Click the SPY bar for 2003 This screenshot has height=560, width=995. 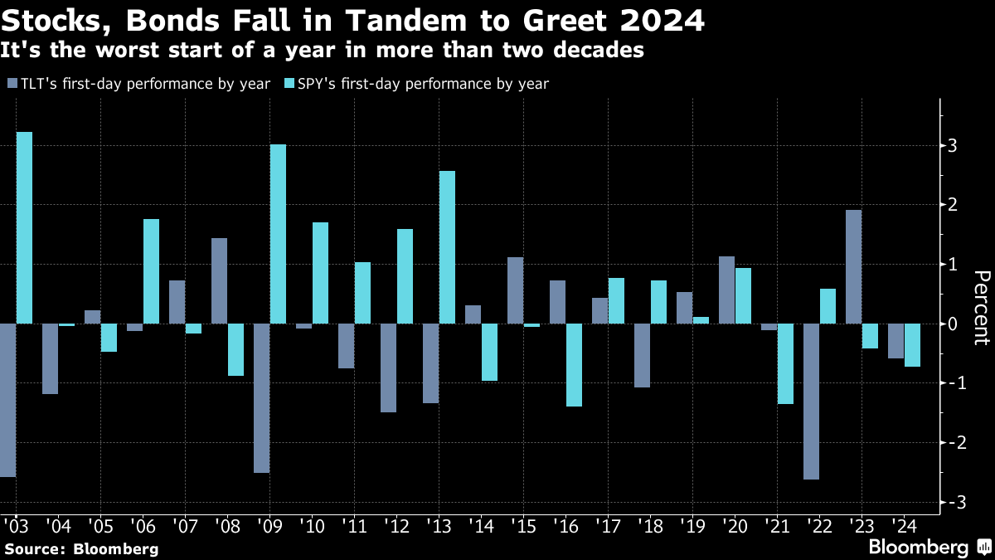coord(25,227)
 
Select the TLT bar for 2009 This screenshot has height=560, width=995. coord(261,398)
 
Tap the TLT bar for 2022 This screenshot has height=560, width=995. coord(811,402)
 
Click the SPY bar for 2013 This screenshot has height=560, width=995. coord(447,247)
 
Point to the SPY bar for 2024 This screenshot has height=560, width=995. coord(912,345)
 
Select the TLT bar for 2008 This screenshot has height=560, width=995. coord(219,281)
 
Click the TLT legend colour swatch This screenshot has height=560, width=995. coord(12,84)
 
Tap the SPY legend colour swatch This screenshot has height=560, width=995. coord(289,84)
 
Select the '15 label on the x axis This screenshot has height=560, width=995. coord(523,526)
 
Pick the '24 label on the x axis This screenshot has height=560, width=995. coord(904,526)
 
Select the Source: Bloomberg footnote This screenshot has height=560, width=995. coord(81,548)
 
